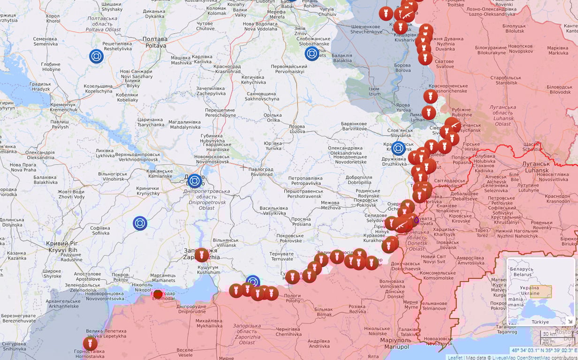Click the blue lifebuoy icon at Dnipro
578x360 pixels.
coord(195,181)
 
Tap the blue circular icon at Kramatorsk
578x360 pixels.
coord(398,149)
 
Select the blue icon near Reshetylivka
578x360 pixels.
coord(96,56)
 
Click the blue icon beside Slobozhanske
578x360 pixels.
coord(312,53)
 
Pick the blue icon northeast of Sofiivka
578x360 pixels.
coord(140,223)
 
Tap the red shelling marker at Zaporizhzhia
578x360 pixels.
coord(202,255)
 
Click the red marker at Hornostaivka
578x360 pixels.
coord(90,344)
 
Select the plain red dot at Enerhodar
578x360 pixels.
coord(158,294)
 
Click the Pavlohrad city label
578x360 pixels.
coord(261,172)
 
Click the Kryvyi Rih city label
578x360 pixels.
coord(62,247)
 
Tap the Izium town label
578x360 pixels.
coord(374,91)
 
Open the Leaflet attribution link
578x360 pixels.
coord(455,358)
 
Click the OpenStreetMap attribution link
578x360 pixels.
coord(533,358)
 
